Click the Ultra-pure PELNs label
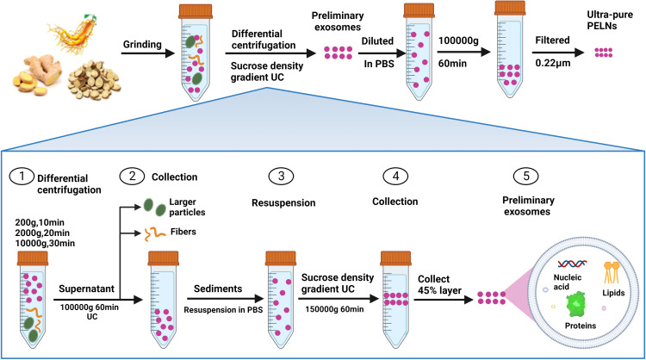click(x=612, y=27)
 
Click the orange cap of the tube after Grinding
click(x=193, y=13)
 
